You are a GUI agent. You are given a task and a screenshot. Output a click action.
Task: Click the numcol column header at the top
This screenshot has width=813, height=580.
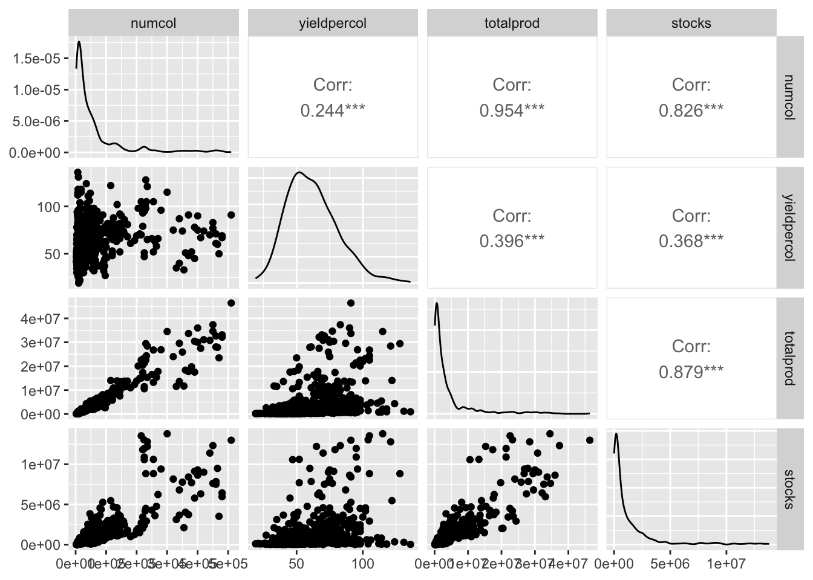pos(154,24)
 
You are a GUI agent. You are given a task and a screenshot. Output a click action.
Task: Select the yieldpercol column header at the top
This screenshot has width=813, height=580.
pos(333,24)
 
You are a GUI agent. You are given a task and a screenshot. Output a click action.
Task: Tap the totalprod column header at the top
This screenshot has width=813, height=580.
pos(512,24)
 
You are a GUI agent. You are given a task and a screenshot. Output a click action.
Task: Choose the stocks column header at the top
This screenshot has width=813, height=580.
pos(691,24)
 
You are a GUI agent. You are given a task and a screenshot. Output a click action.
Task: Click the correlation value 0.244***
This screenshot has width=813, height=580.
pos(333,111)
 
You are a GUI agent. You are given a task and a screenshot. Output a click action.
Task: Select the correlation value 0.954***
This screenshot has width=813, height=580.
pos(512,111)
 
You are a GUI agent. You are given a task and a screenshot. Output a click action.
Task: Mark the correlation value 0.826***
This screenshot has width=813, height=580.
pos(691,111)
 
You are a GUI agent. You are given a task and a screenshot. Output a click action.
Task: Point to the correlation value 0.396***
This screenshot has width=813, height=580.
pos(512,241)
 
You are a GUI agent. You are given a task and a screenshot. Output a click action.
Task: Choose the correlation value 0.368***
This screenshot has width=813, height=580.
pos(691,241)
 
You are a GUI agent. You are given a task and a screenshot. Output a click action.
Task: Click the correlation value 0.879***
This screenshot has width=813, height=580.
pos(691,372)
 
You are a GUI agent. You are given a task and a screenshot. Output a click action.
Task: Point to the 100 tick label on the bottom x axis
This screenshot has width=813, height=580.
pos(362,564)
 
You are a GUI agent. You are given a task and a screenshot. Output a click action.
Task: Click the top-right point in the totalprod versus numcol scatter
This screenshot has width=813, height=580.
pos(231,303)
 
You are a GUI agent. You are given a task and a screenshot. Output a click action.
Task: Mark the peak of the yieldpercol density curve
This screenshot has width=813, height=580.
pos(299,172)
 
